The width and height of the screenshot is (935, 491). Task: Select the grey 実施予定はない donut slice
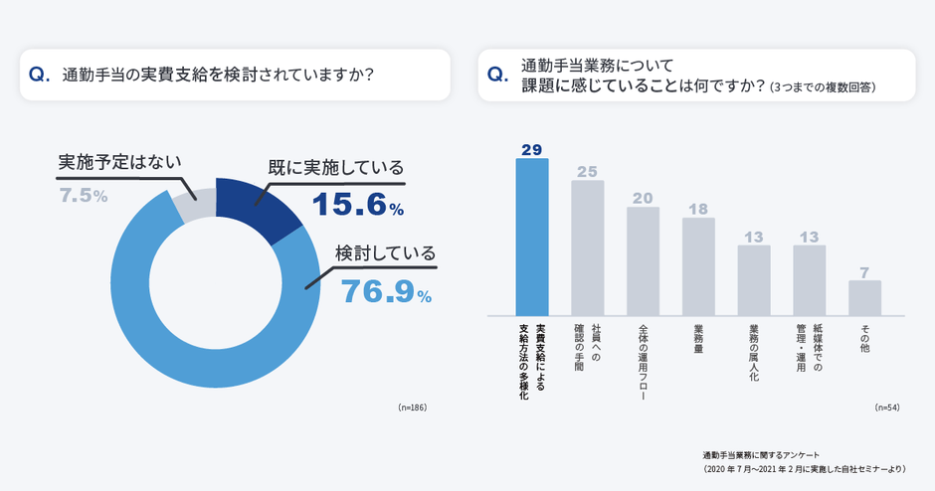tap(193, 205)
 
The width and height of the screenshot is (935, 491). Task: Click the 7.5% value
tap(84, 196)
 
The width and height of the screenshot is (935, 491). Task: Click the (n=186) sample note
tap(412, 408)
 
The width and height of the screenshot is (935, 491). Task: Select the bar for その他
tap(864, 297)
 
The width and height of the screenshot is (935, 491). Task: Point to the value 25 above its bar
tap(588, 170)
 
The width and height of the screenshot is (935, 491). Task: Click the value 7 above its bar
tap(864, 270)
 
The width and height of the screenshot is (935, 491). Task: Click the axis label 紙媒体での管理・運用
tap(809, 351)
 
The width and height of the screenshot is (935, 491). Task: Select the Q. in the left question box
tap(41, 75)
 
